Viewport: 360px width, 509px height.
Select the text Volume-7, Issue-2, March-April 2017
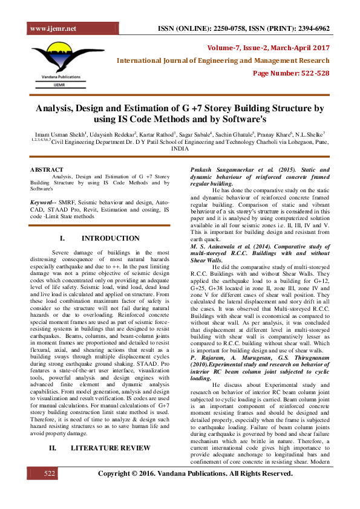(268, 47)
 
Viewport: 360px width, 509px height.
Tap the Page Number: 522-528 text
(291, 73)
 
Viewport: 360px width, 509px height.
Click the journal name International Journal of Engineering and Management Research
(223, 60)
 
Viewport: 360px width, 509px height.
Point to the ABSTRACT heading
(47, 170)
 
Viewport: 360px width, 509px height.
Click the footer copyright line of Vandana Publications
(195, 490)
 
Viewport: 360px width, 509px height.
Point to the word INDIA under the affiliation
(180, 148)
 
